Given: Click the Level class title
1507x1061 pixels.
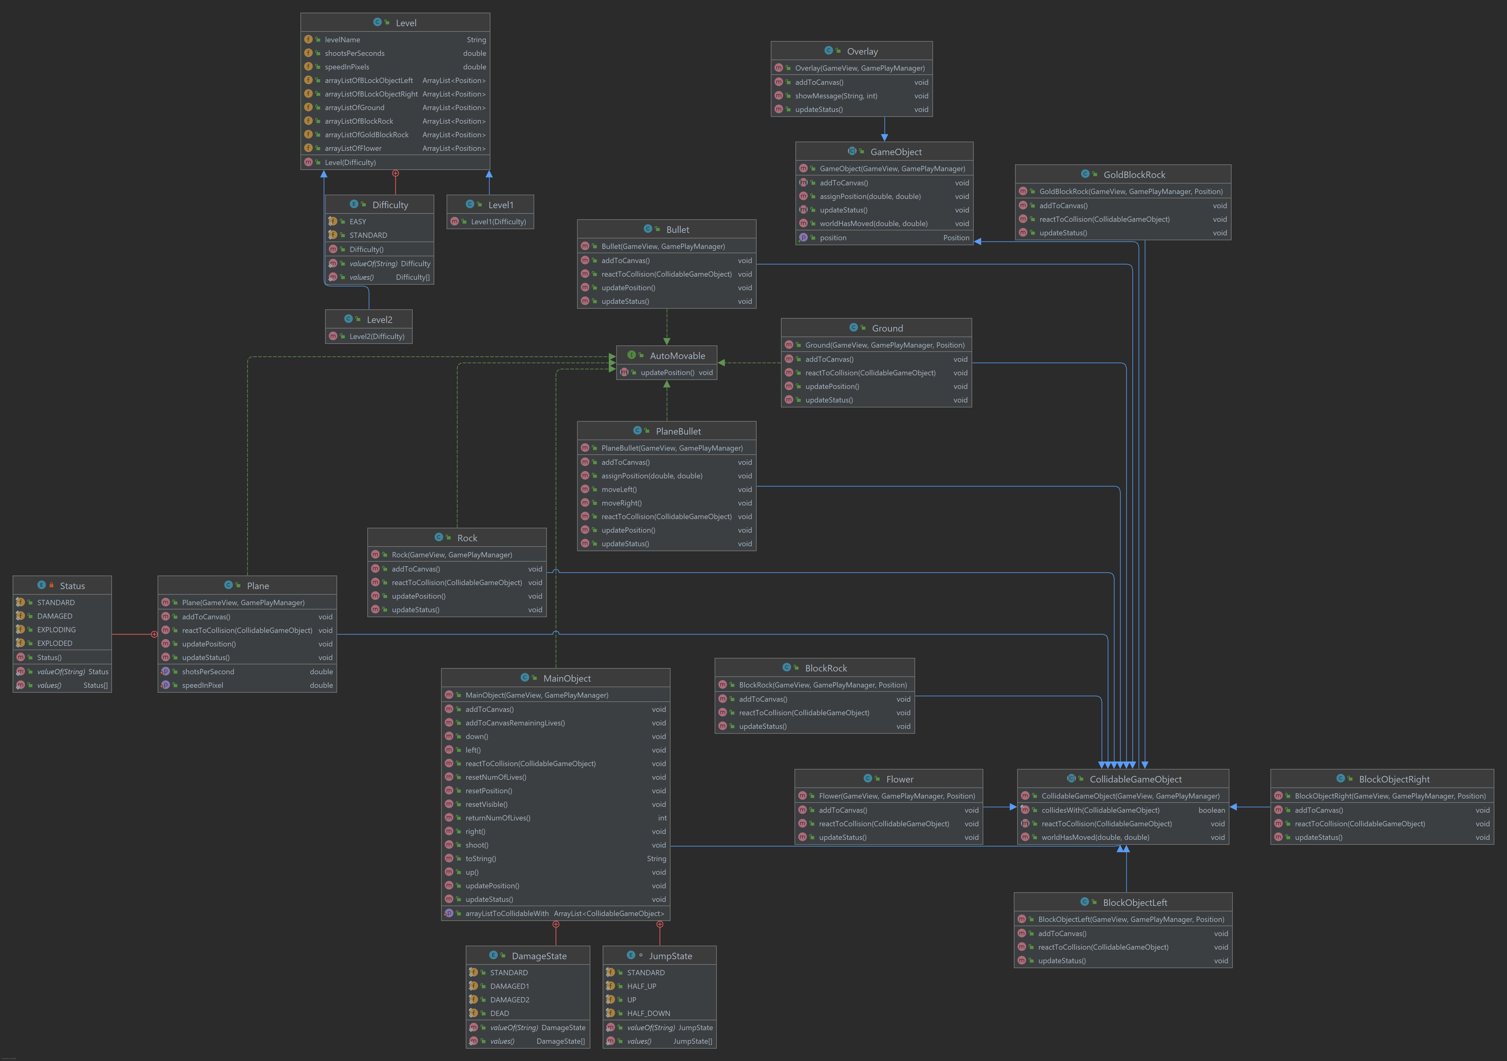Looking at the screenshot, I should [406, 23].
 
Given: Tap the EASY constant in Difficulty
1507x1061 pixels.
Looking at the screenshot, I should [358, 222].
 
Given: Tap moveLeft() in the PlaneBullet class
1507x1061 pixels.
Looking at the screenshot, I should [619, 489].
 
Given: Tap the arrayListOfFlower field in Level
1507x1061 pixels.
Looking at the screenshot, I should [353, 148].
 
